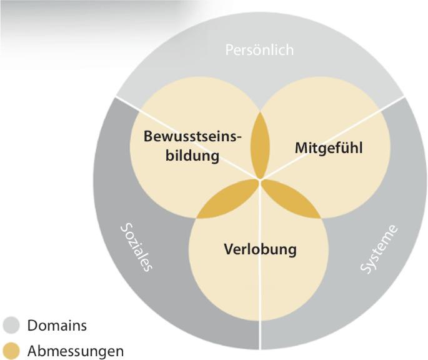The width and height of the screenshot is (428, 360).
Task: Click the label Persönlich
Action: [259, 50]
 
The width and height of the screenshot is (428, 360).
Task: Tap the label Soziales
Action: [136, 247]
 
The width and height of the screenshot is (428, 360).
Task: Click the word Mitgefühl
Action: [328, 149]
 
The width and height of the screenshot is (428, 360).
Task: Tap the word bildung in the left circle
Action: [192, 156]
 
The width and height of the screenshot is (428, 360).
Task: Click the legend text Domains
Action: [56, 326]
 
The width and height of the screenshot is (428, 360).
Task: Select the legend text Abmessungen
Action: [75, 351]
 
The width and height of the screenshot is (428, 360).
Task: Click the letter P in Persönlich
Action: [229, 50]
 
